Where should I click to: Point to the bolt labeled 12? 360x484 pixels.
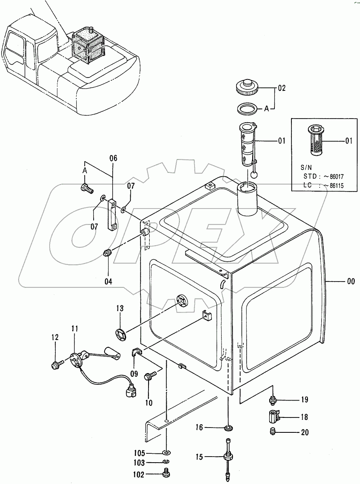(x=55, y=365)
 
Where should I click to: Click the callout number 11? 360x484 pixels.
(x=75, y=329)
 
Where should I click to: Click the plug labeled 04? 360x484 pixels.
(x=107, y=253)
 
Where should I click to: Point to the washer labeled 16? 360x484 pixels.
(x=228, y=428)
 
